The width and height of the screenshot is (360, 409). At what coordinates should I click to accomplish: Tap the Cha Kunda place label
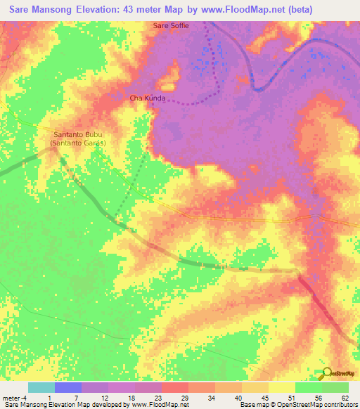point(148,98)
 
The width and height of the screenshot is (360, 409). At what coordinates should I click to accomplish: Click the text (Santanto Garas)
point(78,143)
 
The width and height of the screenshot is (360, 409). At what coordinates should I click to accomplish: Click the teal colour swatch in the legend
point(41,387)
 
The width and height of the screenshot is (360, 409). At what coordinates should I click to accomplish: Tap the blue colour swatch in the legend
point(68,387)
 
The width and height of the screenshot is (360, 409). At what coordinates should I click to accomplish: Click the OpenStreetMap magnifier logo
point(326,373)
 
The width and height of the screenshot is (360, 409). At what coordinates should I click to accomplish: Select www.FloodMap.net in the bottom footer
point(155,405)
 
